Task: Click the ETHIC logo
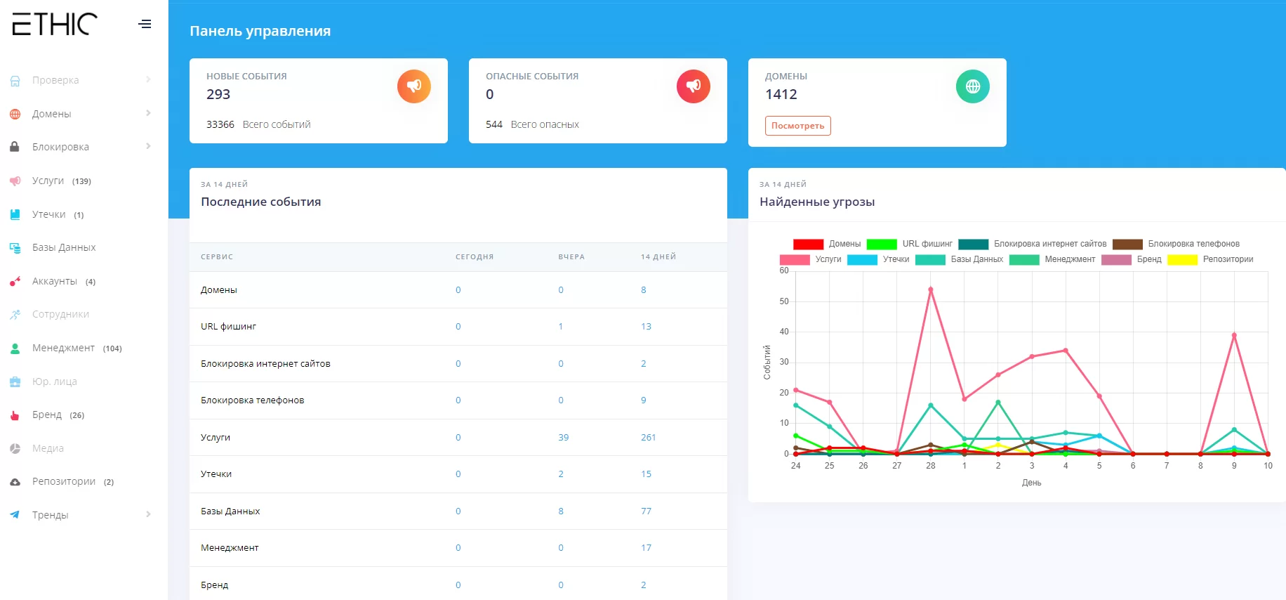click(55, 24)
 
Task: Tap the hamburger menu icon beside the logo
click(145, 24)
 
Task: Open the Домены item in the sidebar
click(51, 114)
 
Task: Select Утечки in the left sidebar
click(48, 214)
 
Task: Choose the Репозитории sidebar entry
click(63, 481)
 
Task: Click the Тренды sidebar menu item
click(50, 515)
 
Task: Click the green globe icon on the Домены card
click(972, 86)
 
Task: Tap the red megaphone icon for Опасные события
click(693, 86)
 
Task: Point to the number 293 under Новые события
click(218, 94)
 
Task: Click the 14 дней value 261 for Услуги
click(648, 437)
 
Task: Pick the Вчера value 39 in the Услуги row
click(563, 437)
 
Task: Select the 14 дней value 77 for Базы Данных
click(646, 511)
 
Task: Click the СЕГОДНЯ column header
click(474, 257)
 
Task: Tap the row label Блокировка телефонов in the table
click(252, 400)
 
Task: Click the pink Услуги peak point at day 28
click(931, 289)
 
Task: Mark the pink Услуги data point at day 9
click(1234, 335)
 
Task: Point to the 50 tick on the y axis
click(784, 301)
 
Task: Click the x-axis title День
click(1031, 483)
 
